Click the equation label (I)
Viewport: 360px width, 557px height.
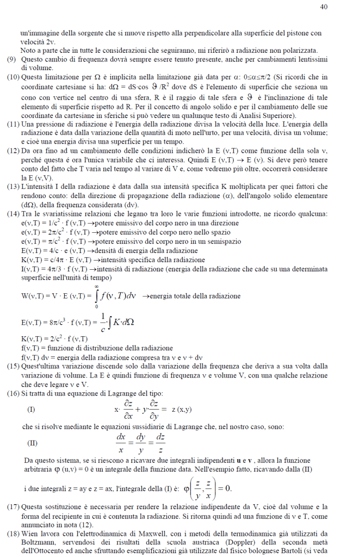(x=31, y=409)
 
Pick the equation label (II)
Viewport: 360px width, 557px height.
(x=32, y=442)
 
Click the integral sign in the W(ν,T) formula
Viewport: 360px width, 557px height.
(x=96, y=296)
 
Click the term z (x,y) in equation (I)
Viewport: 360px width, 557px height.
(x=184, y=409)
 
